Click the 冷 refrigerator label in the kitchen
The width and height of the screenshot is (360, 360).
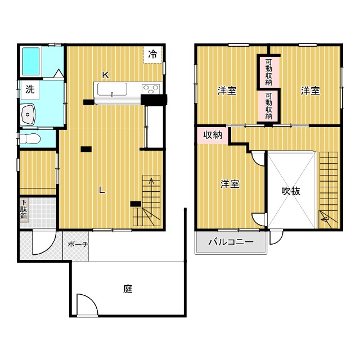(153, 55)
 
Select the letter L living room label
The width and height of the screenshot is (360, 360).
(102, 190)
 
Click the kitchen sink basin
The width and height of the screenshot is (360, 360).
(112, 89)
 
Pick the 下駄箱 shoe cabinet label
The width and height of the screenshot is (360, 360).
(24, 211)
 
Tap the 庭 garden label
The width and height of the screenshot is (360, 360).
(128, 289)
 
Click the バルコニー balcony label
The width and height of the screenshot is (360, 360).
(231, 243)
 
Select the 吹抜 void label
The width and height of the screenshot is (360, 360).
(291, 191)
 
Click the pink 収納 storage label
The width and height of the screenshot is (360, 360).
(212, 135)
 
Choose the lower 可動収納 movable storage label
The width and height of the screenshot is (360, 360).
(268, 106)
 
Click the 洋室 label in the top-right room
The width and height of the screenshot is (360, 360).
(310, 91)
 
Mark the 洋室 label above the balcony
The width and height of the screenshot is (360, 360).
(230, 184)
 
